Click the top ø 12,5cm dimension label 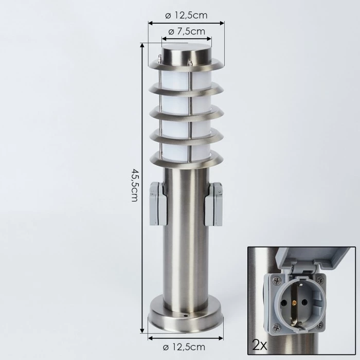click(x=186, y=15)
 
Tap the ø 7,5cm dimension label click(x=187, y=31)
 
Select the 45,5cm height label click(x=135, y=185)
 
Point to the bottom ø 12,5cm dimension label click(x=184, y=347)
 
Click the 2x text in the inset click(x=260, y=345)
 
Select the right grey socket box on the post click(x=214, y=204)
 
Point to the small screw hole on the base click(x=186, y=316)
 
